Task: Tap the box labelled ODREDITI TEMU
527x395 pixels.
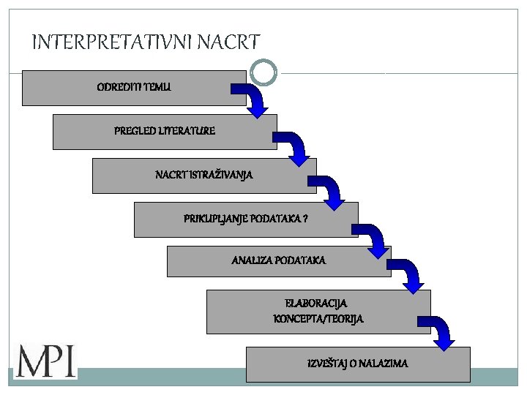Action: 134,88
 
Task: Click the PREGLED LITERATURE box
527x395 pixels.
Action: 165,132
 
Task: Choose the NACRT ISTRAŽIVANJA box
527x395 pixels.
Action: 204,176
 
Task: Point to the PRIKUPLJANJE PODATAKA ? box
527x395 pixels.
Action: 246,219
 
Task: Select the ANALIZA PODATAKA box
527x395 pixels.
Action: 279,261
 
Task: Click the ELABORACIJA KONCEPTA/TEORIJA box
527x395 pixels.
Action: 318,312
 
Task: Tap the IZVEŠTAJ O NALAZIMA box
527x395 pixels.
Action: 358,364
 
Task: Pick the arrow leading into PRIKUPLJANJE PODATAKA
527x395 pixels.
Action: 331,191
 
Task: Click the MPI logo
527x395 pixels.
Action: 45,361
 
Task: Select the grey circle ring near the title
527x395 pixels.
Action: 263,72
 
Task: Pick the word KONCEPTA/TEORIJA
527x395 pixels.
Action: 318,319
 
